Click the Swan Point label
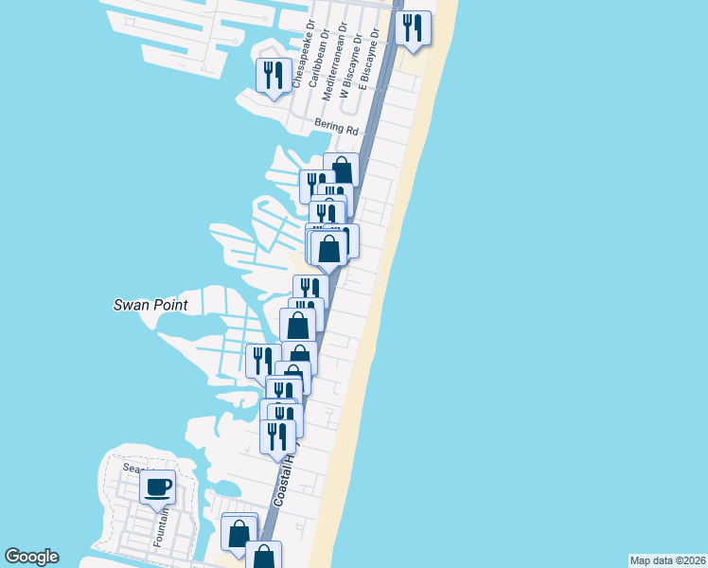click(150, 305)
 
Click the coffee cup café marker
click(157, 488)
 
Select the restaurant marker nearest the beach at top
click(413, 28)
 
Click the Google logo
click(31, 557)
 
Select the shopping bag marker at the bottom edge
click(264, 557)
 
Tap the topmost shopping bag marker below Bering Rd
click(342, 170)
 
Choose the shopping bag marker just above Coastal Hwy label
click(239, 531)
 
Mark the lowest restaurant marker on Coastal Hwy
click(276, 436)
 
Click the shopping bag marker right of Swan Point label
click(298, 326)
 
